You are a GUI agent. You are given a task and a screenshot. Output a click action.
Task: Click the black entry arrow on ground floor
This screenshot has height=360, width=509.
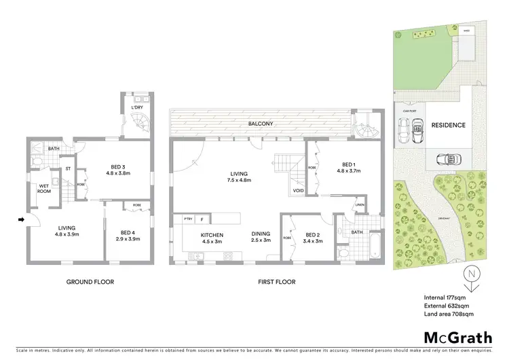[x=22, y=219]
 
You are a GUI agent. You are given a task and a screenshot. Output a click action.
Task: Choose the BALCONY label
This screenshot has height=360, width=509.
[x=261, y=124]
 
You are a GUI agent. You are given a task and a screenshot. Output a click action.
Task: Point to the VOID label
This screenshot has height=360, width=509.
[x=299, y=191]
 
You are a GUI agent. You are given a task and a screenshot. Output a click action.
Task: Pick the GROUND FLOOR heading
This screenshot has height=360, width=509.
[x=90, y=281]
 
